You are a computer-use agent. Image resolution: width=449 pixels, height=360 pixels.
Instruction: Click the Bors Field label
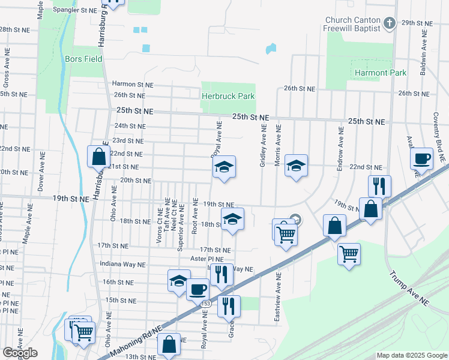84,59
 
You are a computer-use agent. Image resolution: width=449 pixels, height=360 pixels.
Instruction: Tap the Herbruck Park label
228,96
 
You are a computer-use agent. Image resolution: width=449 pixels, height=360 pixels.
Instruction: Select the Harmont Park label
381,73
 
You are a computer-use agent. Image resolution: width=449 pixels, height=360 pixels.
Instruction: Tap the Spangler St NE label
75,10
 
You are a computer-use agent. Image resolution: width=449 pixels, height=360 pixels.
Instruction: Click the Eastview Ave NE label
278,299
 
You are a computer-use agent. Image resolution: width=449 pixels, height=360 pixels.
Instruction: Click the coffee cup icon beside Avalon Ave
422,159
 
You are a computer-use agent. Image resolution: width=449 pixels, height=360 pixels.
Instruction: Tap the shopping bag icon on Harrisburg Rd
98,157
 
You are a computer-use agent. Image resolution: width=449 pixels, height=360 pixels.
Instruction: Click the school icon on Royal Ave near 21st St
224,167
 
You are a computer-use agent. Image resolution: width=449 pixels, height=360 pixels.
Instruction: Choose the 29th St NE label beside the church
417,23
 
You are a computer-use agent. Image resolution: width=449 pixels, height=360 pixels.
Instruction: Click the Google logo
20,353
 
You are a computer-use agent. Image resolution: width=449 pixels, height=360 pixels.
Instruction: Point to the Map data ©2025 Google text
411,355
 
